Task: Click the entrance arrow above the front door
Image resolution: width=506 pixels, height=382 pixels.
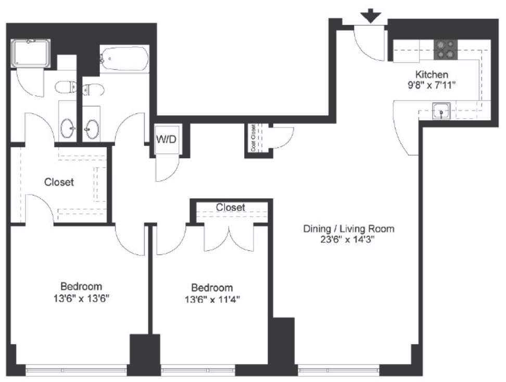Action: click(371, 16)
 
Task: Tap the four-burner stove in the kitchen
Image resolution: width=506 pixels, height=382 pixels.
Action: click(445, 49)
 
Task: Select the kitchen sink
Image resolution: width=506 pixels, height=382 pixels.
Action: click(441, 111)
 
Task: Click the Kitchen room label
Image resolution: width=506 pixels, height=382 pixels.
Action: click(432, 74)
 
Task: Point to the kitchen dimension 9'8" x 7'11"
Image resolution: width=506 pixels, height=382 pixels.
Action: click(432, 85)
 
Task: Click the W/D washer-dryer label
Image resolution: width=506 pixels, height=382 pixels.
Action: click(166, 139)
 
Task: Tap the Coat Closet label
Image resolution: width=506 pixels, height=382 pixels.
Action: click(254, 138)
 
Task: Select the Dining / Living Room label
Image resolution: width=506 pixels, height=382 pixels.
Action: click(348, 229)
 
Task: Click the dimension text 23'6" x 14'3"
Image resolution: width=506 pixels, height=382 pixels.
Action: click(348, 240)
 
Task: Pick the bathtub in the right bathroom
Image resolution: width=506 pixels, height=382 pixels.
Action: click(124, 59)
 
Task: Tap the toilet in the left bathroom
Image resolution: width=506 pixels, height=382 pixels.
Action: click(66, 87)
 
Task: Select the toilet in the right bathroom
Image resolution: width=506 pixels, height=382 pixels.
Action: click(93, 90)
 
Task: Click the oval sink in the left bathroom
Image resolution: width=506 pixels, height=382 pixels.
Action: click(68, 128)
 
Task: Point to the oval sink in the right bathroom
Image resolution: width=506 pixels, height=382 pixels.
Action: click(91, 129)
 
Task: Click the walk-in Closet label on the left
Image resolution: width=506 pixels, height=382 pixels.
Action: click(59, 182)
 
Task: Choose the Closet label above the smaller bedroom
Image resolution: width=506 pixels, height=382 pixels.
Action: click(231, 207)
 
